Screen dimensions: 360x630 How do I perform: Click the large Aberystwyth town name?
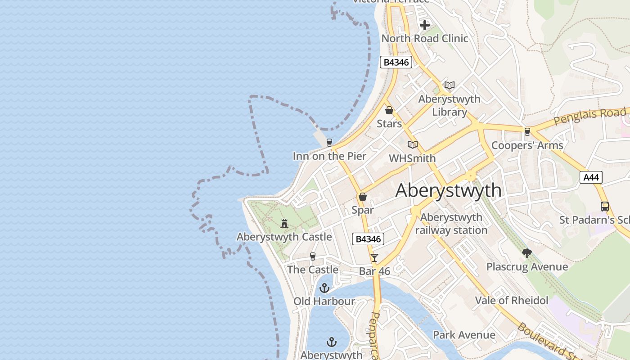tap(448, 190)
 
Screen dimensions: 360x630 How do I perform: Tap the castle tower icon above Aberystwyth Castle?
tap(284, 223)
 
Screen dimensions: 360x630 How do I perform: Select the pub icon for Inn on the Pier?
tap(329, 143)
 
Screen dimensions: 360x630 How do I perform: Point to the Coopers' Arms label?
tap(527, 145)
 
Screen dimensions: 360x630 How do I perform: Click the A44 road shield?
tap(590, 177)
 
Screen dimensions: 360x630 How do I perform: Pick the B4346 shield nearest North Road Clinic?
tap(396, 62)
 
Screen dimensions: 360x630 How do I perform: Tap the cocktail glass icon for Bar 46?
tap(374, 258)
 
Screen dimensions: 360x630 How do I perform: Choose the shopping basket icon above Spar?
tap(363, 197)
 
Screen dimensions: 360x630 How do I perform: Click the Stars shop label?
tap(389, 123)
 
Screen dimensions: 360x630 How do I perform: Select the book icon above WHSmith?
tap(413, 144)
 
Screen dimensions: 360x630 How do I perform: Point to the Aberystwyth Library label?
tap(449, 105)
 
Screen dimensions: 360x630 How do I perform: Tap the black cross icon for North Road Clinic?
tap(424, 25)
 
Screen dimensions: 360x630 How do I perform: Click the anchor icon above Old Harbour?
tap(324, 288)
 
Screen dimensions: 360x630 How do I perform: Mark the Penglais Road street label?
tap(589, 116)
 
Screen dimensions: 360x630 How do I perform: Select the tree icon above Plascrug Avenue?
tap(527, 253)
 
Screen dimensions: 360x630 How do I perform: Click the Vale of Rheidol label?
tap(512, 301)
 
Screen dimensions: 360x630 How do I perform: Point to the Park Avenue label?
tap(464, 335)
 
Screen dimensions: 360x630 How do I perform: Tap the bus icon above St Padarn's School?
tap(605, 207)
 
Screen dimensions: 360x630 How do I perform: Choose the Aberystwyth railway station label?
tap(451, 224)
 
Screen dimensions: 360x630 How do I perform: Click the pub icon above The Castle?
tap(313, 256)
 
